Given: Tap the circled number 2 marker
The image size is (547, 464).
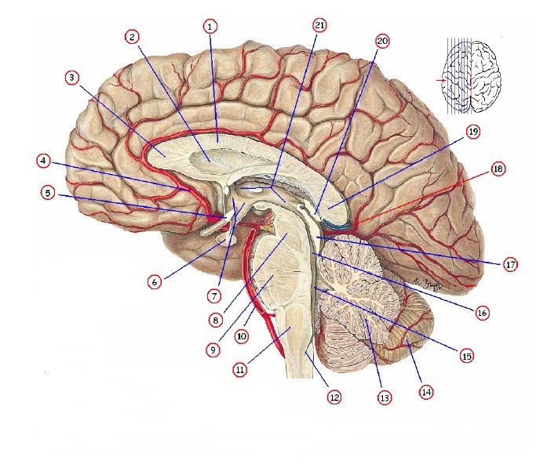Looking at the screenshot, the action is coord(132,37).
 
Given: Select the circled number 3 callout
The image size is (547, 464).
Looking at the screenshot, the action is coord(72,78).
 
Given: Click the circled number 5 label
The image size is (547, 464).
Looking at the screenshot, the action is coord(49,193).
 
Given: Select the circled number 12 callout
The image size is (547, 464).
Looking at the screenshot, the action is coord(334,397).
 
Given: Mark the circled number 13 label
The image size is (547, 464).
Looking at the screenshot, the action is coord(384,398).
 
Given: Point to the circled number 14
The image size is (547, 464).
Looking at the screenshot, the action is coord(426,390).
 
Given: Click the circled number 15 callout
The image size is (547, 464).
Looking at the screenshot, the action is coord(467,355).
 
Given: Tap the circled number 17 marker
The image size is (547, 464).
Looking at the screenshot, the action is coord(510,265).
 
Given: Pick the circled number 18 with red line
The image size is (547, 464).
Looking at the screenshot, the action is coord(497,169).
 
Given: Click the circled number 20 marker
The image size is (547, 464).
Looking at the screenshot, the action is coord(382,39).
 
